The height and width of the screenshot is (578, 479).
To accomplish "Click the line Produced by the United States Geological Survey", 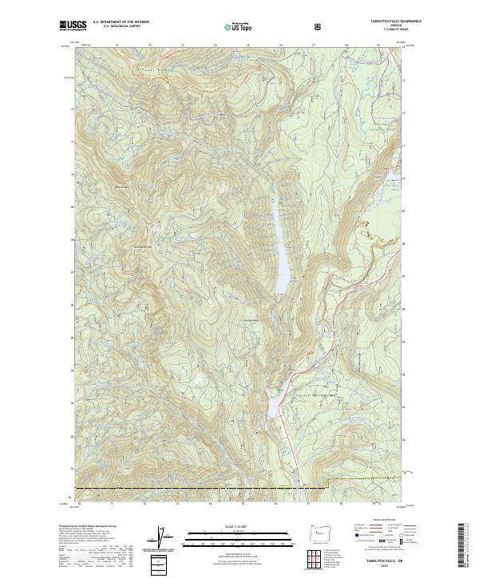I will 85,526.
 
